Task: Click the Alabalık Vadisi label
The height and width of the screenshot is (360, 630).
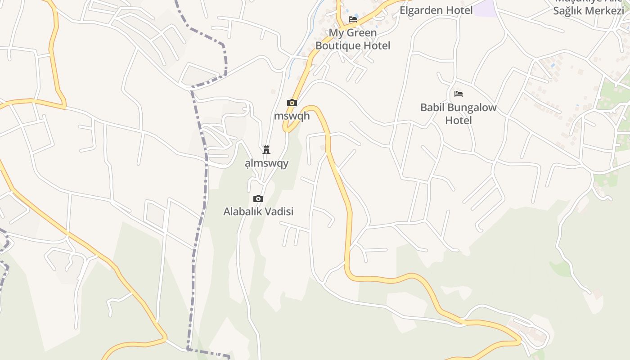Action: pyautogui.click(x=258, y=211)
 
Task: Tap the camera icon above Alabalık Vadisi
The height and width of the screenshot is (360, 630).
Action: pyautogui.click(x=258, y=198)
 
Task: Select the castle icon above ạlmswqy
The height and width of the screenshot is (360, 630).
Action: pyautogui.click(x=266, y=149)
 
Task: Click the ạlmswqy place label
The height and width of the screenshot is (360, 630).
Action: pyautogui.click(x=266, y=163)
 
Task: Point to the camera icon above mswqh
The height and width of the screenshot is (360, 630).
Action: pyautogui.click(x=292, y=103)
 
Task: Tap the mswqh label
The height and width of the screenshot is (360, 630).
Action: pyautogui.click(x=292, y=116)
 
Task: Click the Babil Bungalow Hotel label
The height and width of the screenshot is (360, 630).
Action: pyautogui.click(x=459, y=114)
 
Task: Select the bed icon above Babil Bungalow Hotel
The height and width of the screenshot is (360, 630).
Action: pyautogui.click(x=459, y=94)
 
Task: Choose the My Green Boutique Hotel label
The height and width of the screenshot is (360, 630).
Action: pyautogui.click(x=353, y=39)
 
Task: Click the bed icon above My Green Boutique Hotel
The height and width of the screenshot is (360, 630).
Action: pyautogui.click(x=353, y=19)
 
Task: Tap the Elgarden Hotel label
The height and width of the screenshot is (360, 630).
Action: pyautogui.click(x=436, y=10)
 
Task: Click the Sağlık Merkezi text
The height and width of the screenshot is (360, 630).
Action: pyautogui.click(x=588, y=11)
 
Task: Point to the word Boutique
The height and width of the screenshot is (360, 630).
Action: pyautogui.click(x=338, y=45)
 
